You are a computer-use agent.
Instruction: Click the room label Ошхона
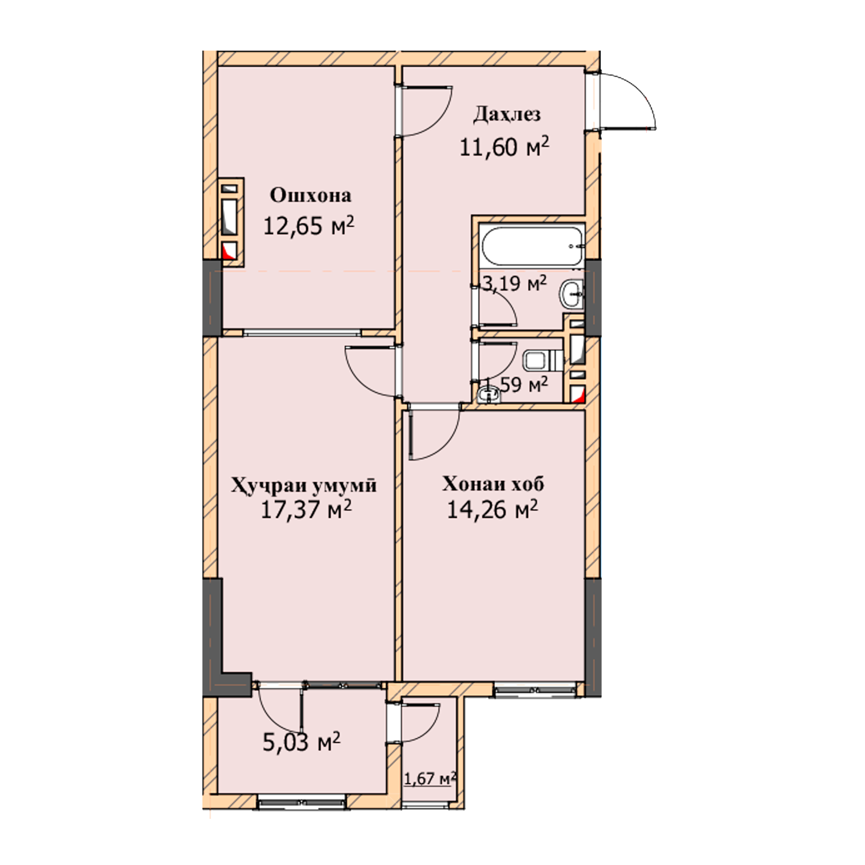(x=310, y=195)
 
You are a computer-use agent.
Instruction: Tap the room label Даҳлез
(x=507, y=115)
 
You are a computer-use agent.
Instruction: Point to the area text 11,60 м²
(x=505, y=147)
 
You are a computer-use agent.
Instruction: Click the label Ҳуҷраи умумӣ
(x=304, y=485)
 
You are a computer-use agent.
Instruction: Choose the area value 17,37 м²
(x=306, y=509)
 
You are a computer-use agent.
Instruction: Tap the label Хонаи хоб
(x=493, y=484)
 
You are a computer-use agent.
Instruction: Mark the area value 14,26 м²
(x=493, y=509)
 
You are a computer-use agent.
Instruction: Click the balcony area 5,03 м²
(x=302, y=742)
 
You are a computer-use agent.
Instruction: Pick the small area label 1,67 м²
(x=430, y=778)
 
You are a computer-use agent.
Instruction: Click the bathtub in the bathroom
(x=531, y=246)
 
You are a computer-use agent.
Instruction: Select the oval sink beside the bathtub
(x=571, y=294)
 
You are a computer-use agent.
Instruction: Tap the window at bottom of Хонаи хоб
(x=535, y=689)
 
